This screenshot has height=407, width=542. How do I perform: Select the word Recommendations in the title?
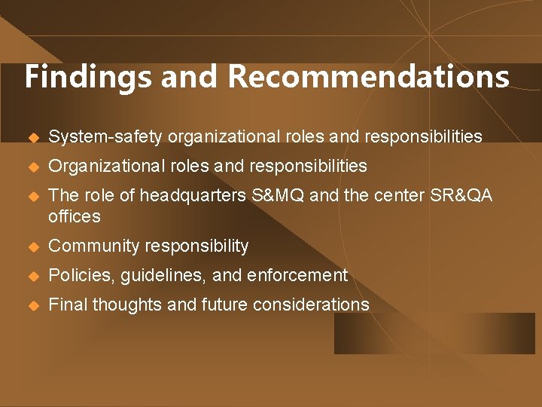[x=368, y=78]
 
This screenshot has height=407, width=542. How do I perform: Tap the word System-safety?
[x=105, y=137]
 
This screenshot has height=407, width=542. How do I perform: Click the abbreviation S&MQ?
[x=273, y=196]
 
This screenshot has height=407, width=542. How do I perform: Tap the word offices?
[x=74, y=217]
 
